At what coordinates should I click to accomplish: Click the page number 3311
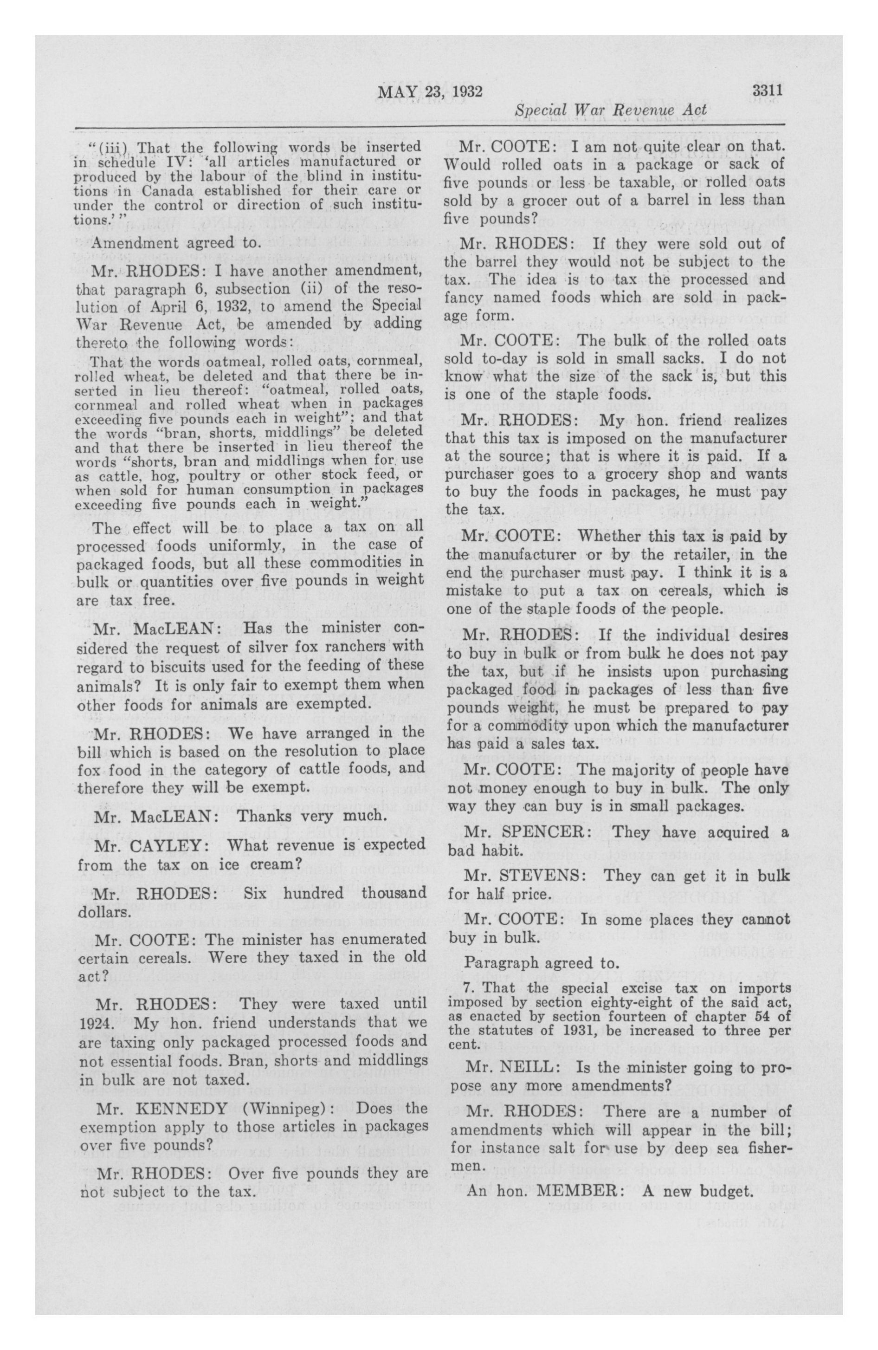tap(768, 90)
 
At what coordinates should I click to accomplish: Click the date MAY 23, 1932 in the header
tap(429, 91)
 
